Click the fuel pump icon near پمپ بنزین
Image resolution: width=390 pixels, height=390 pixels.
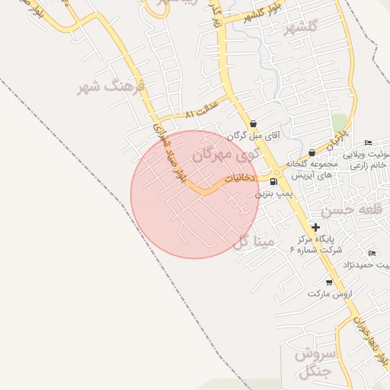273,182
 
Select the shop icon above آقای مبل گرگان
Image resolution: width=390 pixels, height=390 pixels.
253,124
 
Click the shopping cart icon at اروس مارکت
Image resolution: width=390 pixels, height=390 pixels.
329,282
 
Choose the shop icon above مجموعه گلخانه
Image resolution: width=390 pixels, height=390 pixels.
312,152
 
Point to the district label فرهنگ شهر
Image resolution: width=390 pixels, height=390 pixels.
111,85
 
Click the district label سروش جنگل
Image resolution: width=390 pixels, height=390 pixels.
311,362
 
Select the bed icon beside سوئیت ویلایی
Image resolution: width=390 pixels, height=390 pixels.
369,143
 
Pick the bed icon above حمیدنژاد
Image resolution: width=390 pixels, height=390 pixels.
372,253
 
